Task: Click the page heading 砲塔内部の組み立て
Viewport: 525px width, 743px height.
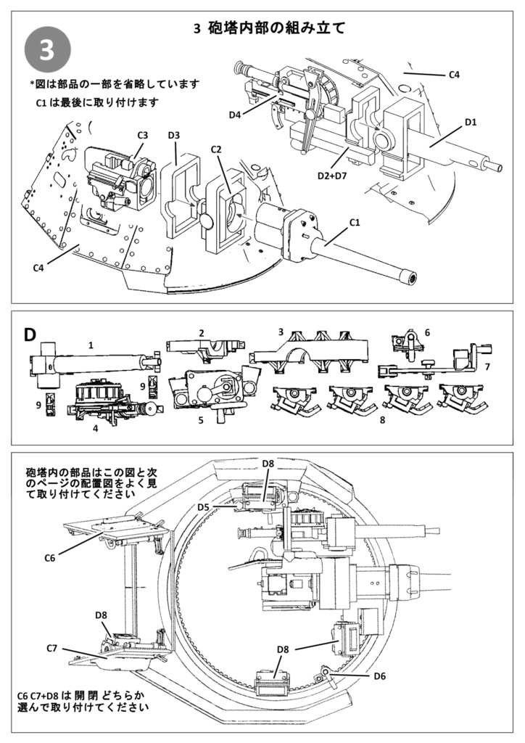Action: [x=269, y=29]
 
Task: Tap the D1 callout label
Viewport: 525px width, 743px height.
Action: [x=470, y=121]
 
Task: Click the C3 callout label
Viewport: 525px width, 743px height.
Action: [x=142, y=135]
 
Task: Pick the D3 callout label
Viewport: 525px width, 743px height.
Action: [x=174, y=135]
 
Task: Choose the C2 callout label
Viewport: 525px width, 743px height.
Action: [x=215, y=149]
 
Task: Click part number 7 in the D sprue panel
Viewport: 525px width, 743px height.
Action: [x=487, y=367]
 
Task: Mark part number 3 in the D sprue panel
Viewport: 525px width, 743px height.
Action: [x=280, y=332]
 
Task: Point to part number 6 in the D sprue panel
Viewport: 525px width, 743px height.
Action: [x=427, y=332]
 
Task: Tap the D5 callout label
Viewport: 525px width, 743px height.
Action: [x=204, y=506]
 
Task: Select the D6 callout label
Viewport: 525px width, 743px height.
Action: [x=379, y=676]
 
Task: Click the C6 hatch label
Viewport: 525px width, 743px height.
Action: [x=49, y=557]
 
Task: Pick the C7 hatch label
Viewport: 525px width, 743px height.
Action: [x=52, y=647]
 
